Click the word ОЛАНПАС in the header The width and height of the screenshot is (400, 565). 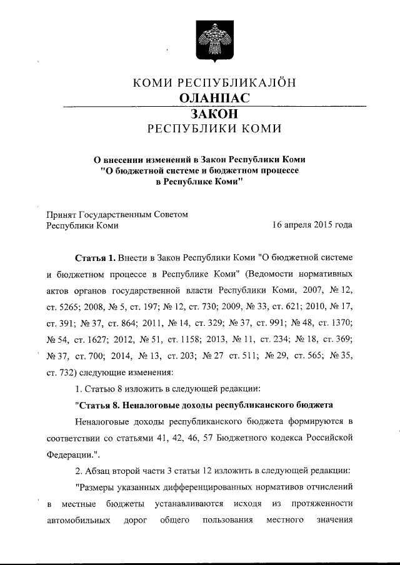(x=214, y=98)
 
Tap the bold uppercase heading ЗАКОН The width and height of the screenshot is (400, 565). (x=214, y=114)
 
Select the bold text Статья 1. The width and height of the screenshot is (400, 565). (x=95, y=258)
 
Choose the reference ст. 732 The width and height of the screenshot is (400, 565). (x=63, y=371)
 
